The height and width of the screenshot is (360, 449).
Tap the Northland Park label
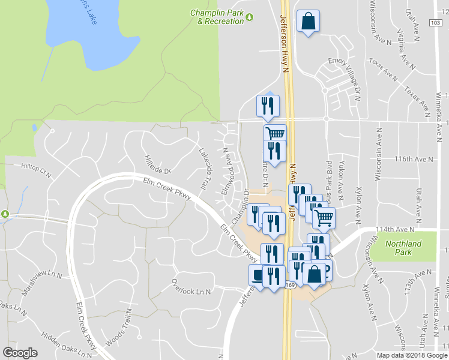click(x=403, y=248)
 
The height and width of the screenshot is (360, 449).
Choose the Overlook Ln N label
click(x=191, y=287)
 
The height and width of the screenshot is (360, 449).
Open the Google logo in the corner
click(x=20, y=353)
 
